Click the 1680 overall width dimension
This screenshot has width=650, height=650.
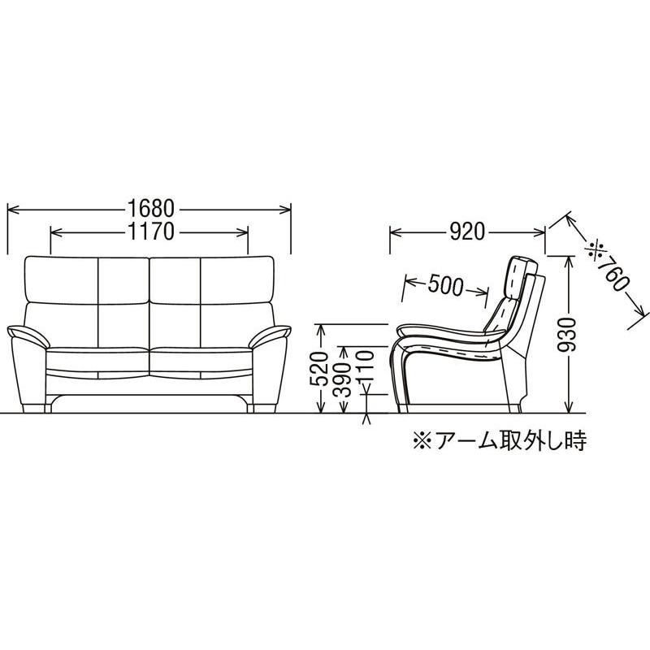149,208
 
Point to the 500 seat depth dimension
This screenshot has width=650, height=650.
445,285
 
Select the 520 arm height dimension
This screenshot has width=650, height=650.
322,370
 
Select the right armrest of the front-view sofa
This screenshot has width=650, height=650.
272,332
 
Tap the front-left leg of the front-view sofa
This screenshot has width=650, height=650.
34,406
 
